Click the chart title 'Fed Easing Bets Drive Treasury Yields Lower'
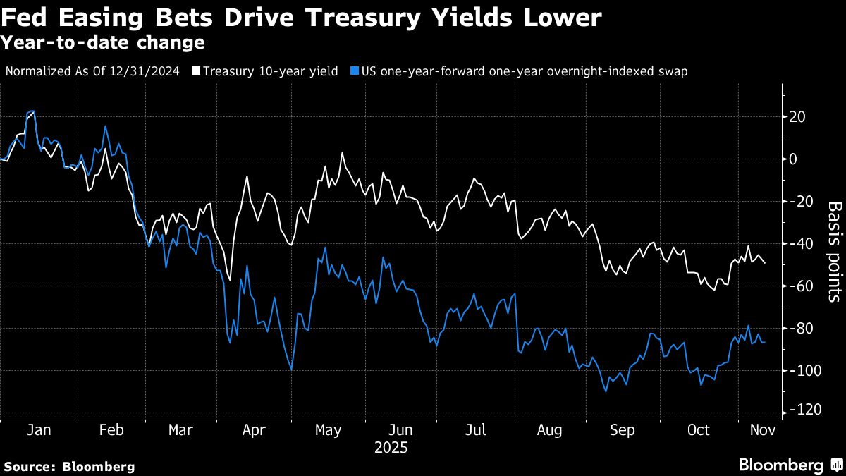point(301,18)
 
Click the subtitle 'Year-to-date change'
point(103,43)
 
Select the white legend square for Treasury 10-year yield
point(197,71)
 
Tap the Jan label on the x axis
point(37,430)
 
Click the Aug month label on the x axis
point(549,430)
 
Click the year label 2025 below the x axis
point(391,447)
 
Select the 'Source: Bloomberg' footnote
point(69,466)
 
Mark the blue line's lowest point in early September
point(606,391)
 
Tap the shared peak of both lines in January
point(31,111)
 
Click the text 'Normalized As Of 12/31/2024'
point(92,71)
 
